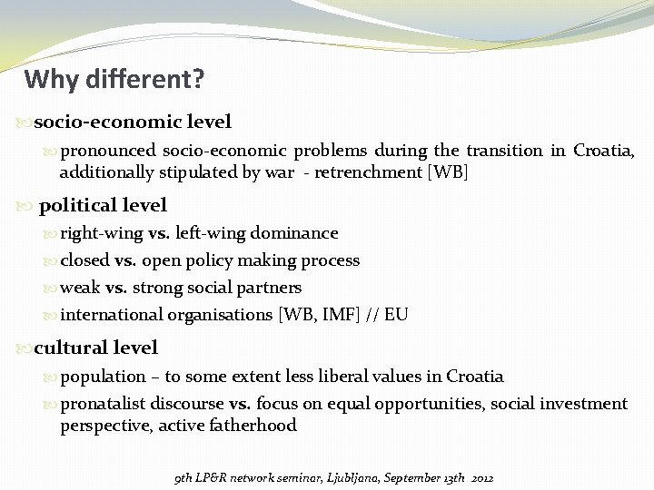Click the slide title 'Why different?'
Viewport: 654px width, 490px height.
[x=114, y=80]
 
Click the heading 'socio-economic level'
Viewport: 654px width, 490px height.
[x=133, y=122]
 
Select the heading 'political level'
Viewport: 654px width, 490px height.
[x=103, y=206]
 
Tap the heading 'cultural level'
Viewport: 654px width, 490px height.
[x=95, y=348]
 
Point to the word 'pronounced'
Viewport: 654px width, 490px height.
[x=108, y=151]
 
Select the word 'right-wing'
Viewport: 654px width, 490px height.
[x=102, y=233]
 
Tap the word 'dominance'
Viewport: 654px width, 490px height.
[x=293, y=233]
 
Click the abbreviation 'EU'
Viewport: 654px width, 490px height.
[x=396, y=315]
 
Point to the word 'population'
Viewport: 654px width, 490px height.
[x=103, y=377]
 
